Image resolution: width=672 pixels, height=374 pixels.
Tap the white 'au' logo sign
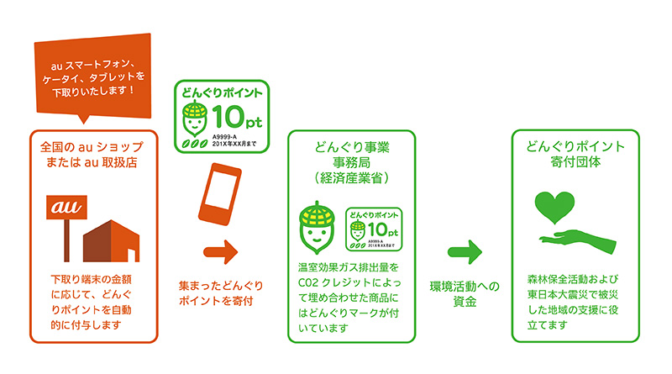click(63, 206)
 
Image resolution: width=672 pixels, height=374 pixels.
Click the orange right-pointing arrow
click(219, 250)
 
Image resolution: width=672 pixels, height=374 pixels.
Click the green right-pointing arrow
click(464, 250)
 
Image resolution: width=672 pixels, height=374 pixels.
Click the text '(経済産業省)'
click(350, 178)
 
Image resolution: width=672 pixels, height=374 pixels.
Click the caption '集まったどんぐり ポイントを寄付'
click(221, 293)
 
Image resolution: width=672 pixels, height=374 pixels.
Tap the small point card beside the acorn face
click(374, 228)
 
